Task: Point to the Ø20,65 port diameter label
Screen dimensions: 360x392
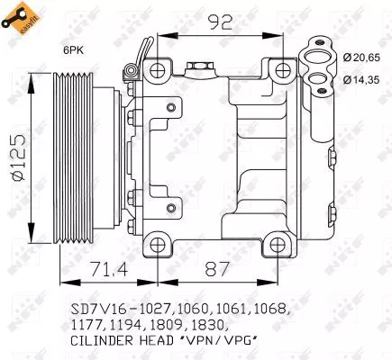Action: pos(362,58)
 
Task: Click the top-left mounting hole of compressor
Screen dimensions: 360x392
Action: pos(159,69)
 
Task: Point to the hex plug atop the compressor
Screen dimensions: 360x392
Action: pos(199,67)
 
